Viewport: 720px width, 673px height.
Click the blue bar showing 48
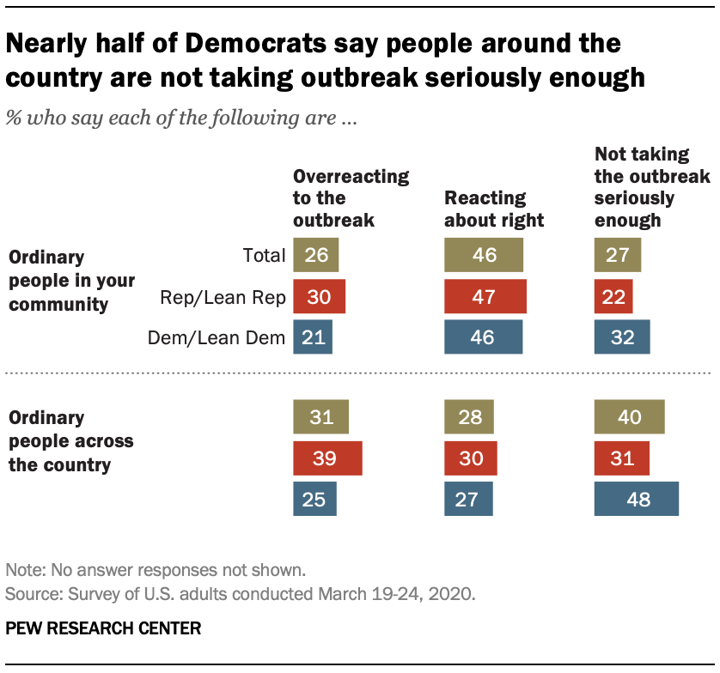click(637, 499)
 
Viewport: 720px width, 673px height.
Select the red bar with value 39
click(327, 458)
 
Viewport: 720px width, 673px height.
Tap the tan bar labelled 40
click(630, 417)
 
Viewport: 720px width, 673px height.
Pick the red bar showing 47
click(485, 296)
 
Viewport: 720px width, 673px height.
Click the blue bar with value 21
click(313, 337)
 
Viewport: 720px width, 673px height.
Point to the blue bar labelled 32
click(622, 337)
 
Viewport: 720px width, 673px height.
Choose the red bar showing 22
click(613, 296)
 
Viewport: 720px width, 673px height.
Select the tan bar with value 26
click(316, 255)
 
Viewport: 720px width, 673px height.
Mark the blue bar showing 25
click(314, 499)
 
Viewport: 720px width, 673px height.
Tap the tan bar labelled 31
click(320, 417)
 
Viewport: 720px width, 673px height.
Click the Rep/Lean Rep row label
click(223, 297)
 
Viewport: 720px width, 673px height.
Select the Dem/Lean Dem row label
click(217, 337)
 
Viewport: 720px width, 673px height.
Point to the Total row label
click(264, 255)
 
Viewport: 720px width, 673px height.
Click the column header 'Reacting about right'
click(494, 209)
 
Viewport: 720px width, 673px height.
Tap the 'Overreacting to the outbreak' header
click(351, 197)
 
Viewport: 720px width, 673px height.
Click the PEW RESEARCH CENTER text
click(103, 628)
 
